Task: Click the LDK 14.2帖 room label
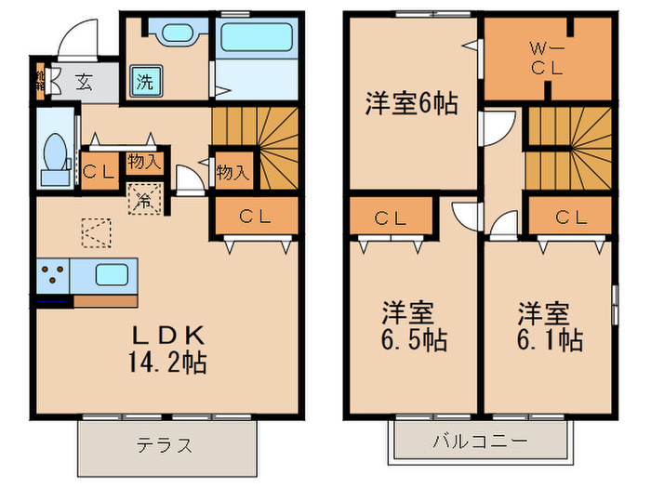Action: point(168,349)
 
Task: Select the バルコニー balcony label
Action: point(479,440)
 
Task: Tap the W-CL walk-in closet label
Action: point(546,58)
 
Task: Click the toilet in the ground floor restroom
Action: point(55,153)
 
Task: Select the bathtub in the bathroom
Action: point(256,43)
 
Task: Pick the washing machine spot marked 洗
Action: point(145,80)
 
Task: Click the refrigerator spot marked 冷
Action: point(145,197)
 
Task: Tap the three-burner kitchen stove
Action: point(53,275)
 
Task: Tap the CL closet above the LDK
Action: point(256,217)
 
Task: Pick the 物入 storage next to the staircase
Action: point(231,171)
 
